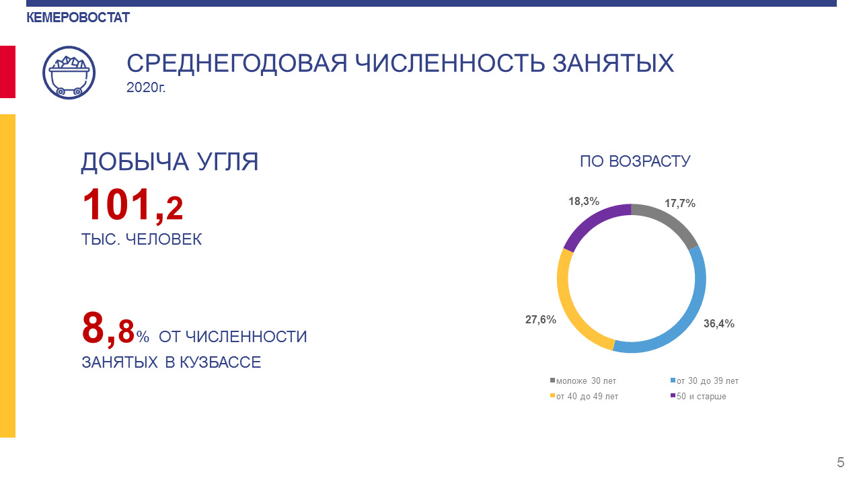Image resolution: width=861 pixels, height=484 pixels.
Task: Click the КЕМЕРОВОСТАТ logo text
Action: [78, 17]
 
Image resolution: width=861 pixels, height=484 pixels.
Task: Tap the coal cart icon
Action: [69, 73]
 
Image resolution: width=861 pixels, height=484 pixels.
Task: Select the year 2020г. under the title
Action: [146, 87]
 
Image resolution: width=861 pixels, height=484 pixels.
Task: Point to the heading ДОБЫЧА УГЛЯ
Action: [170, 162]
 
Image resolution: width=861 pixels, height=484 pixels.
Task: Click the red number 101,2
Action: [133, 205]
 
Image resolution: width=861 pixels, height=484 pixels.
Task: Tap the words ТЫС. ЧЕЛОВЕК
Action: [141, 239]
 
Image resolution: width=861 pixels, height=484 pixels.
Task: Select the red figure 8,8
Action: [108, 329]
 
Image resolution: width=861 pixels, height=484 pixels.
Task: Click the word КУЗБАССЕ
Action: [220, 362]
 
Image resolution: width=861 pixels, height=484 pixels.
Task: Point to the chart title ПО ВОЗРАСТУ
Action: [635, 161]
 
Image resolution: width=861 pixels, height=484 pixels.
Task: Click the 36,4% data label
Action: [719, 324]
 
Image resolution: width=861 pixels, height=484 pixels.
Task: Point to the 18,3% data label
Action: [584, 201]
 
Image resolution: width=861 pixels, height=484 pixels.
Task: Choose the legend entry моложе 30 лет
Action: [583, 380]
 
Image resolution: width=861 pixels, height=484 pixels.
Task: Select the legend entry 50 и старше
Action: [698, 396]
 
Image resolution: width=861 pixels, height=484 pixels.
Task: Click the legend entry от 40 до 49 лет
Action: [585, 396]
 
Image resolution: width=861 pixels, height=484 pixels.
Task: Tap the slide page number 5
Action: [841, 462]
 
